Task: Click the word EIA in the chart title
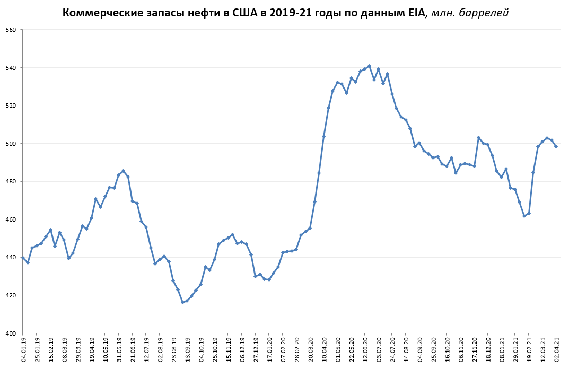[x=414, y=13]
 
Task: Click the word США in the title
[x=244, y=13]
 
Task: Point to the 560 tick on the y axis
[x=11, y=30]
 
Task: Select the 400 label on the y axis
[x=11, y=333]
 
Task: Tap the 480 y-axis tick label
[x=11, y=181]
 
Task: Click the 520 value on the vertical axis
[x=11, y=106]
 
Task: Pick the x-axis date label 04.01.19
[x=23, y=348]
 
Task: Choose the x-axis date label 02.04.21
[x=557, y=348]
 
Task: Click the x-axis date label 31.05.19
[x=119, y=348]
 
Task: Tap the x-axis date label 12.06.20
[x=365, y=348]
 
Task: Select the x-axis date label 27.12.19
[x=256, y=348]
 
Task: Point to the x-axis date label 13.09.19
[x=188, y=348]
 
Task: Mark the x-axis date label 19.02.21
[x=529, y=348]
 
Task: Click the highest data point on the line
[x=369, y=66]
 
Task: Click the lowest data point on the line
[x=182, y=302]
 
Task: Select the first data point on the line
[x=23, y=258]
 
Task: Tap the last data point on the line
[x=556, y=146]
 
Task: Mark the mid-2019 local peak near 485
[x=123, y=171]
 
